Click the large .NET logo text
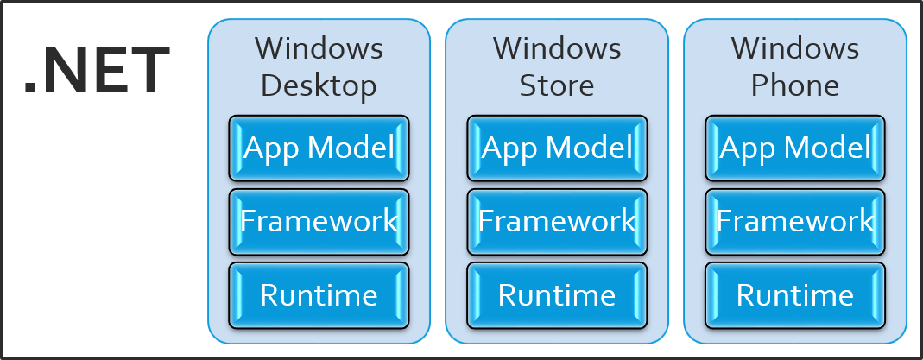tap(97, 72)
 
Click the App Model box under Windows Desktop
tap(319, 148)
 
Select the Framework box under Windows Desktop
tap(319, 222)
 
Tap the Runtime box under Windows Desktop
tap(319, 295)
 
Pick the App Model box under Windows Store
tap(557, 148)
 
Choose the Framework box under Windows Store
tap(557, 222)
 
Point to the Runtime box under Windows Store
tap(557, 295)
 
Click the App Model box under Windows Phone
tap(795, 148)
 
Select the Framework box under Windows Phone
tap(795, 222)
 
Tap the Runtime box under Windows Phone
tap(795, 295)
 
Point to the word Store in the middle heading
tap(557, 85)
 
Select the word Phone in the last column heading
tap(795, 85)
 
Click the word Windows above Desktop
tap(319, 48)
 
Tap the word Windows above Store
tap(557, 48)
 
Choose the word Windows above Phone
tap(795, 48)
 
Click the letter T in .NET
tap(153, 71)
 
